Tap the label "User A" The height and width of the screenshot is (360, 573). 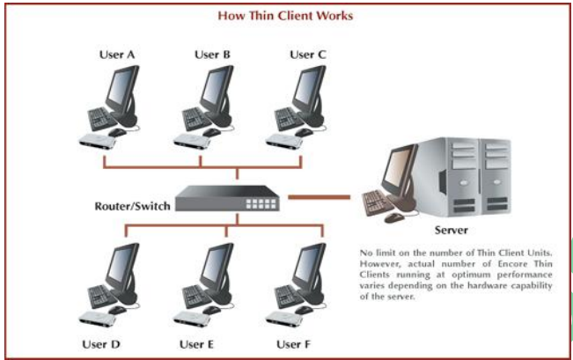pos(119,55)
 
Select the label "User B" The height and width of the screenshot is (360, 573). pos(212,55)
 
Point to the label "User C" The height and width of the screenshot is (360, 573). pos(308,55)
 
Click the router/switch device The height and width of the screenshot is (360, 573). pos(227,199)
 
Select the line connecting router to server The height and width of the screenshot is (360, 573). pos(322,195)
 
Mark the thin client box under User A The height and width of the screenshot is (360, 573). pos(99,141)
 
